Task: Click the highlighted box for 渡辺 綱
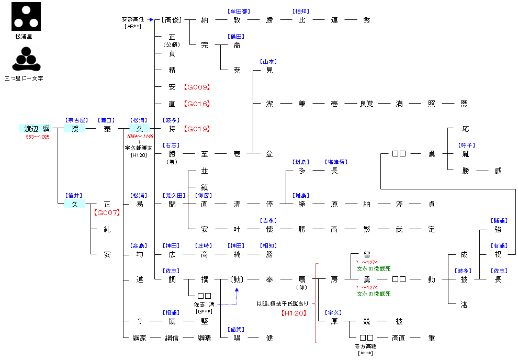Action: coord(37,129)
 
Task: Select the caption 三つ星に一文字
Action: coord(24,78)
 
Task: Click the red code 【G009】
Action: coord(197,87)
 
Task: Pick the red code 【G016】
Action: coord(197,104)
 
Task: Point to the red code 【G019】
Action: coord(197,129)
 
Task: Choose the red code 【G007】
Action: coord(107,212)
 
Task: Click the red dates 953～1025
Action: coord(38,137)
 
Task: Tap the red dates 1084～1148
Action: coord(139,137)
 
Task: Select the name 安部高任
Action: coord(133,19)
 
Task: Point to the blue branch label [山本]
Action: coord(269,61)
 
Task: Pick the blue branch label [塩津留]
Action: coord(335,162)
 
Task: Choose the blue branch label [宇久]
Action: coord(333,312)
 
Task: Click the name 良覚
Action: coord(367,104)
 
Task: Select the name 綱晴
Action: coord(204,338)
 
